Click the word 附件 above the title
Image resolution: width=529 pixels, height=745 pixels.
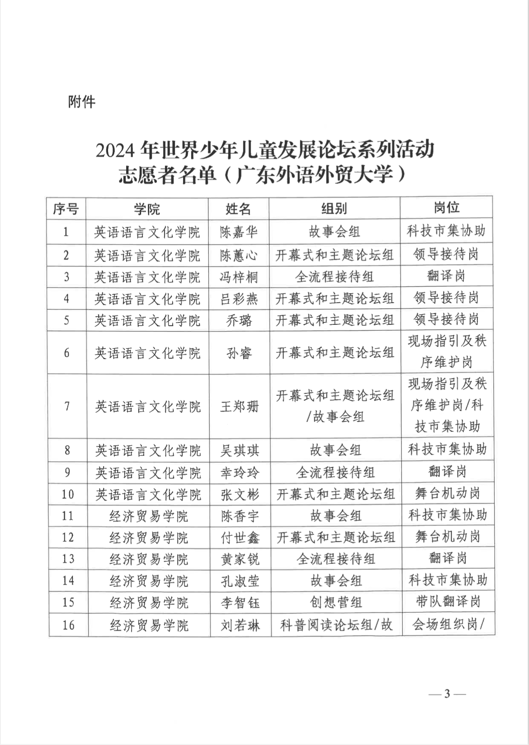pyautogui.click(x=82, y=102)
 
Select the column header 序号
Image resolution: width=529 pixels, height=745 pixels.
pyautogui.click(x=66, y=209)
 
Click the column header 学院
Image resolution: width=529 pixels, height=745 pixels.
pyautogui.click(x=147, y=209)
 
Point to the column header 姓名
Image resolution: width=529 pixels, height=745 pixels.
pyautogui.click(x=238, y=209)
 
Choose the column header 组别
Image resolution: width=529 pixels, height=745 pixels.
pyautogui.click(x=334, y=209)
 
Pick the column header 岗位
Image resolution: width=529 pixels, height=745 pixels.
pyautogui.click(x=446, y=208)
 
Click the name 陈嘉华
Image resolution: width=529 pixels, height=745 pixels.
pyautogui.click(x=239, y=232)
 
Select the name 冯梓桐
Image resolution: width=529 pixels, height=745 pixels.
pyautogui.click(x=239, y=276)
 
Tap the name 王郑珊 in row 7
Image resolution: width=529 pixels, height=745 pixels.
pyautogui.click(x=239, y=407)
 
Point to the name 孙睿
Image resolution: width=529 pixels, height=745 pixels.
pyautogui.click(x=239, y=353)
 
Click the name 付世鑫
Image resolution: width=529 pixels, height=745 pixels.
pyautogui.click(x=240, y=538)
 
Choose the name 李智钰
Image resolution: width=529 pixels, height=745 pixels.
pyautogui.click(x=240, y=603)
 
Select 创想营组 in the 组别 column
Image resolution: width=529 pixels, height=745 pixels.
pyautogui.click(x=336, y=603)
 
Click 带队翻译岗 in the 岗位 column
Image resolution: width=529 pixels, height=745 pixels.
pyautogui.click(x=448, y=602)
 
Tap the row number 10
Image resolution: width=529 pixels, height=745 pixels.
pyautogui.click(x=67, y=494)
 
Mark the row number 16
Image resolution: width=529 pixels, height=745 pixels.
pyautogui.click(x=68, y=625)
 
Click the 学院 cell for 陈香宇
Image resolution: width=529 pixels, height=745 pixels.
pyautogui.click(x=148, y=516)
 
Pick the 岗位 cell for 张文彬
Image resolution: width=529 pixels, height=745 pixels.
pyautogui.click(x=447, y=493)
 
